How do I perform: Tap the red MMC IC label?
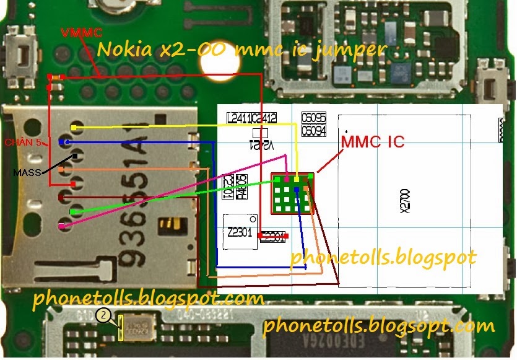tap(373, 142)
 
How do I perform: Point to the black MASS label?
tap(28, 173)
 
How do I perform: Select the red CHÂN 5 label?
tap(22, 143)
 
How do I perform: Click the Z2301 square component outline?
tap(240, 232)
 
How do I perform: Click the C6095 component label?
tap(313, 118)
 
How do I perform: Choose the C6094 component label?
tap(313, 131)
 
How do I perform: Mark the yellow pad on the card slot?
tap(74, 128)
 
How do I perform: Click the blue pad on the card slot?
tap(61, 143)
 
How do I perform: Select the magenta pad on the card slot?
tap(61, 227)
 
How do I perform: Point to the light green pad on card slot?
tap(74, 212)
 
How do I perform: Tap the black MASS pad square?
tap(75, 156)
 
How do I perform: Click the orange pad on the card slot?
tap(61, 169)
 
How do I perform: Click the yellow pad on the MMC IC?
tap(297, 180)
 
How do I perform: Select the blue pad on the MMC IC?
tap(297, 188)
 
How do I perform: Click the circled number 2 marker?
tap(104, 317)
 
